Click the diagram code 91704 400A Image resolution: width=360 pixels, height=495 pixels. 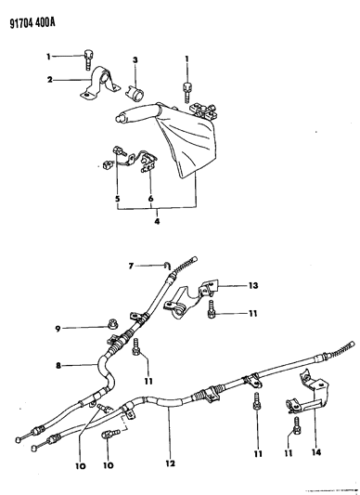pos(32,23)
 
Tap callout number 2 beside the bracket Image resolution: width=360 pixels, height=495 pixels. pos(50,80)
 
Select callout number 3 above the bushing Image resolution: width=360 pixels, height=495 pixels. pos(135,60)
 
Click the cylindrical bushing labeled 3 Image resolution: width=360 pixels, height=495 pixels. pos(136,93)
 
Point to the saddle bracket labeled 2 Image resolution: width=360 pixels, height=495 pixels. pos(99,83)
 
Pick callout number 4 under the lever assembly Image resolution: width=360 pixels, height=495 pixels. pos(157,221)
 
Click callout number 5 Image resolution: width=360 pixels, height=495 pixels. pos(117,199)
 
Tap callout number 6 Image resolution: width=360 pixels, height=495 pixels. pos(151,199)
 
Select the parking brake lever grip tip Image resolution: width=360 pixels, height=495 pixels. pos(120,118)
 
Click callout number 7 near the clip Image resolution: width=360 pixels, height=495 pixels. pos(131,267)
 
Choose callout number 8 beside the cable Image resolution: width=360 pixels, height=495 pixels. pos(58,366)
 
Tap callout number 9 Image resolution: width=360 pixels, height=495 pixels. pos(58,329)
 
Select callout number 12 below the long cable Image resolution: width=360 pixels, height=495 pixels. pos(170,463)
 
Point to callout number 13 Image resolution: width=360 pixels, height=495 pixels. pos(253,285)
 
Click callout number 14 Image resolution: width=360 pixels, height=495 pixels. pos(316,452)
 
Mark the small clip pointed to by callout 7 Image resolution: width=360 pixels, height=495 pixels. pos(167,266)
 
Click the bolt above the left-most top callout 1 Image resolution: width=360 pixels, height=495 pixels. pos(87,59)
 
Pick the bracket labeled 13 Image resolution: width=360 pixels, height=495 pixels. pos(191,297)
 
